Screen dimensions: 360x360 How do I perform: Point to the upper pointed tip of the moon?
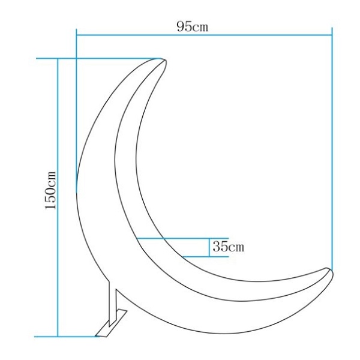coord(162,59)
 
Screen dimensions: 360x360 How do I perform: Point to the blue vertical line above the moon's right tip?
coord(332,150)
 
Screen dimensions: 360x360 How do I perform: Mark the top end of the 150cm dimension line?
coord(58,59)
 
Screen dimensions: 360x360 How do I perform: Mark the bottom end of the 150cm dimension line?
coord(58,336)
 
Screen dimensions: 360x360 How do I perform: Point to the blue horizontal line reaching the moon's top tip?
coord(108,59)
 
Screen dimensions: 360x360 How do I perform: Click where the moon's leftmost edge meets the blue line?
coord(76,191)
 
